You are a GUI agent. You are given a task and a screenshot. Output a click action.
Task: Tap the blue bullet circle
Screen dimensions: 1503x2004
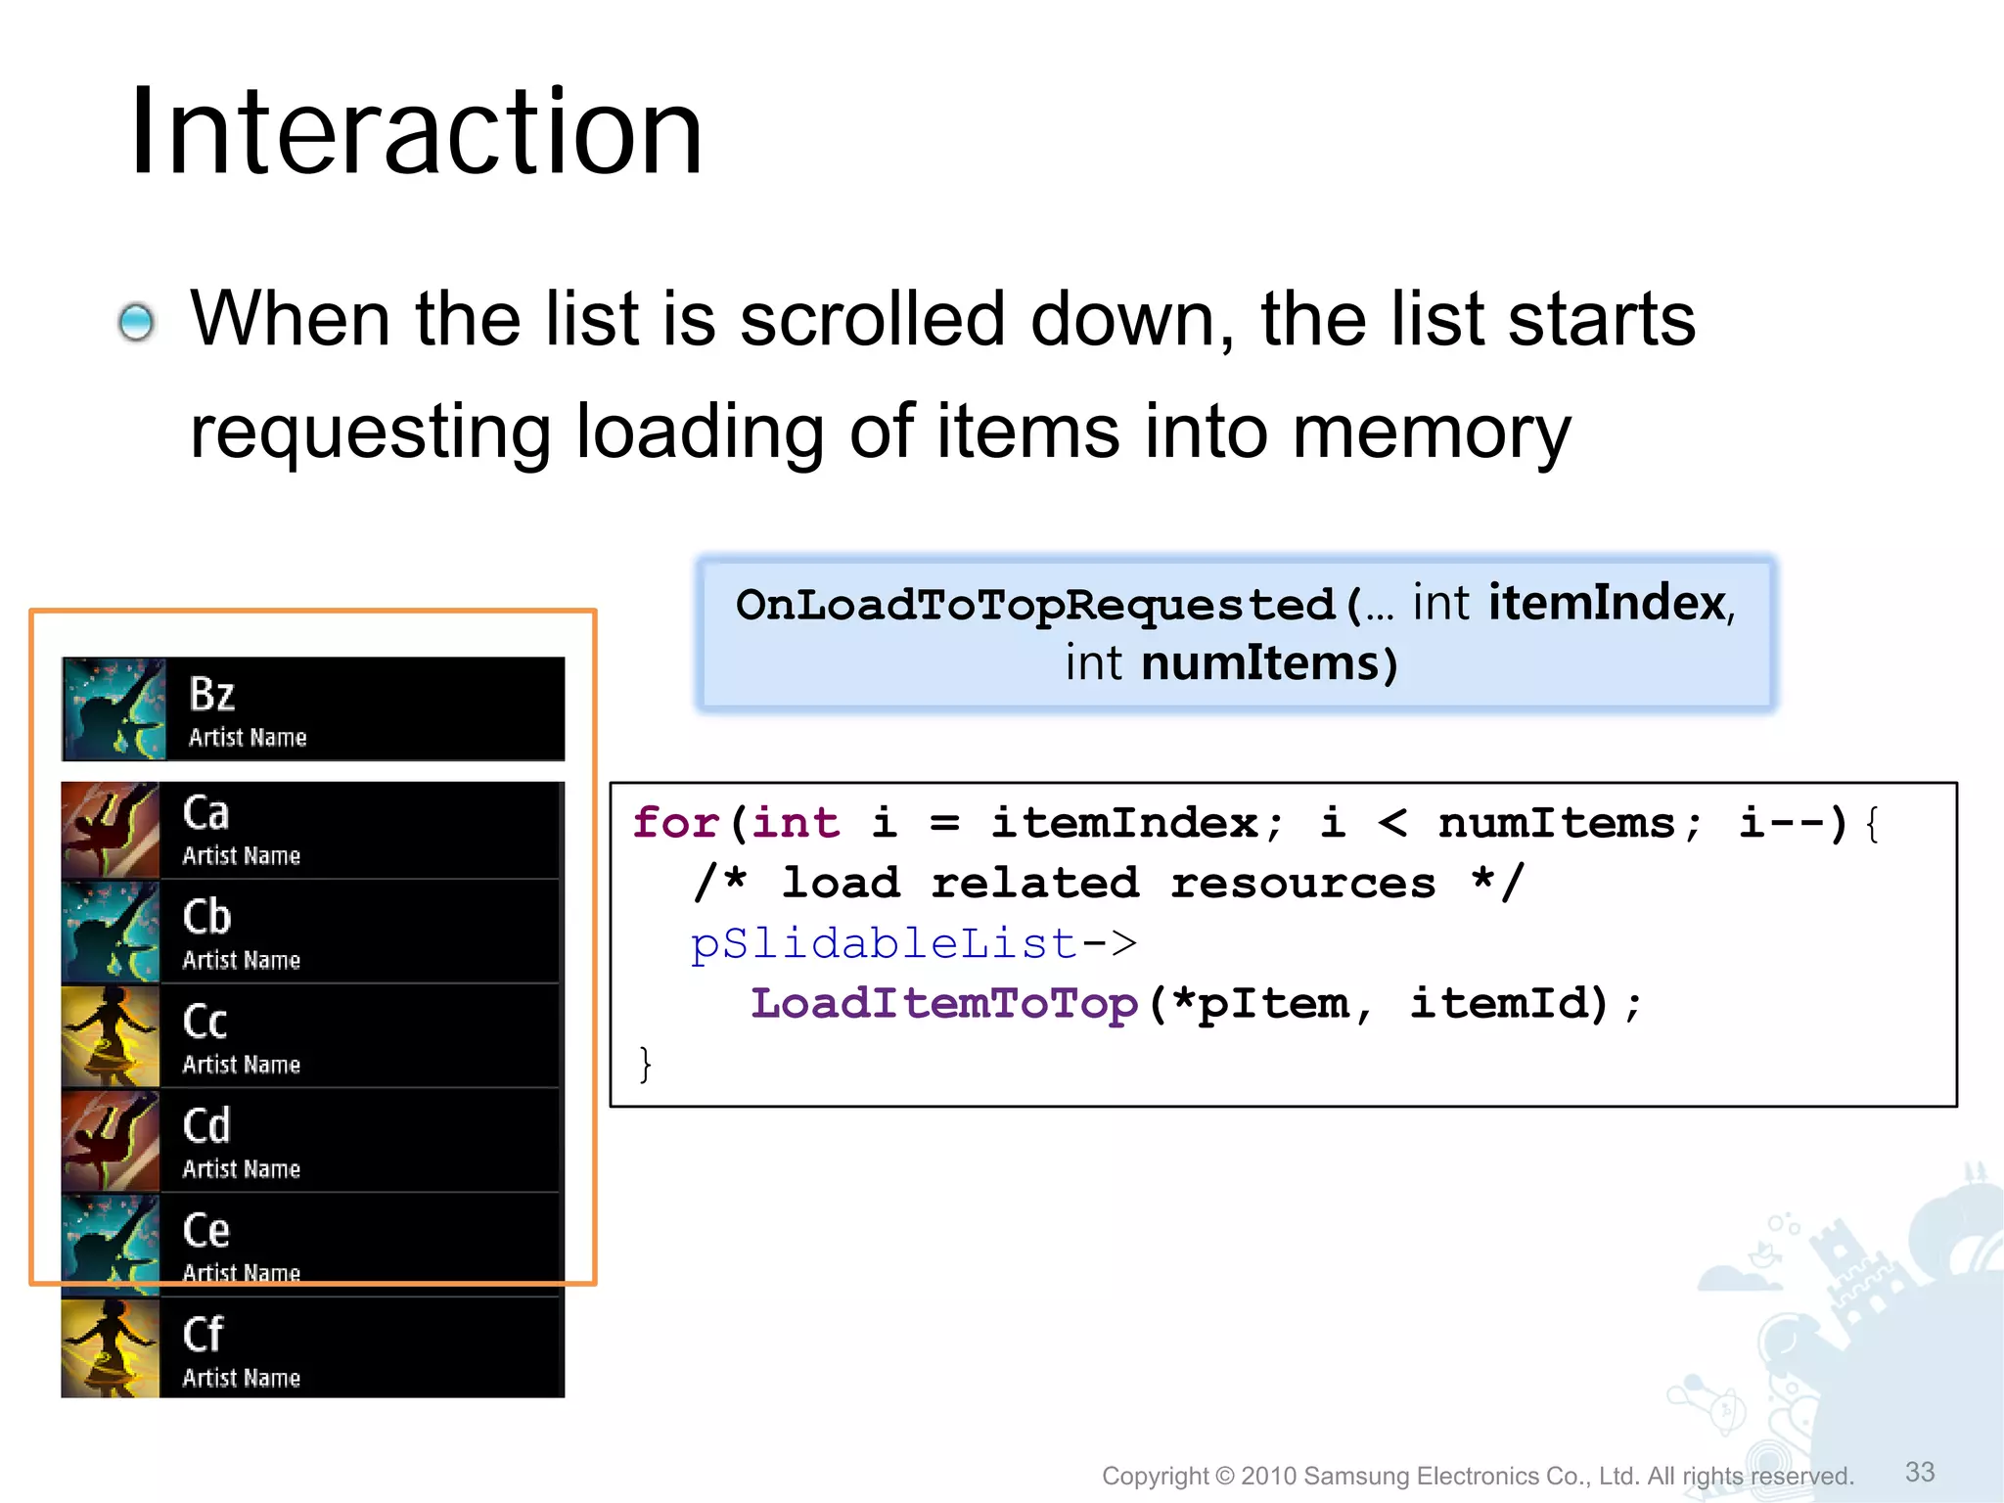point(136,322)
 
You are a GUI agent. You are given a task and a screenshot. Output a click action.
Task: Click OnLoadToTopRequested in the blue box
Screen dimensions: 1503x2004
point(1035,605)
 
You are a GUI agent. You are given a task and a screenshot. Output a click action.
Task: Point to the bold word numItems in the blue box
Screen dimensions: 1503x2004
point(1260,663)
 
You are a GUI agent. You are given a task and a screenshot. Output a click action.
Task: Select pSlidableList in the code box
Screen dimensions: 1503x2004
point(884,943)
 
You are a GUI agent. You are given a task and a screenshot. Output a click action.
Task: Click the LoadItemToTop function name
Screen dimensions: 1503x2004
point(944,1004)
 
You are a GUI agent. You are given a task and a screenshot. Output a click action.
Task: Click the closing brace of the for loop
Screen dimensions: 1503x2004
point(645,1064)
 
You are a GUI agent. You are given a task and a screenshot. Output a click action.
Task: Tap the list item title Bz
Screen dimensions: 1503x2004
point(212,695)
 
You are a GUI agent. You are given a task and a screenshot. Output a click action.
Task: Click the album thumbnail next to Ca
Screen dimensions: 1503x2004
point(111,830)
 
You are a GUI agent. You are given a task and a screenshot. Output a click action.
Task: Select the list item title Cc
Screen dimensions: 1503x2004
point(205,1022)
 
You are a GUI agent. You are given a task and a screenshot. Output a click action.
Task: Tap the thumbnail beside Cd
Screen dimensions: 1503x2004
point(111,1140)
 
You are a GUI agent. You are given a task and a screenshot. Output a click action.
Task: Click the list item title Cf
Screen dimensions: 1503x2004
point(204,1335)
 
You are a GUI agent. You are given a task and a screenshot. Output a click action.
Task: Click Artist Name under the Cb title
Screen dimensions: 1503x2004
point(242,960)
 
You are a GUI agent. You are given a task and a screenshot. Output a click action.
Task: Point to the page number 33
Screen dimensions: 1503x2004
point(1919,1472)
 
